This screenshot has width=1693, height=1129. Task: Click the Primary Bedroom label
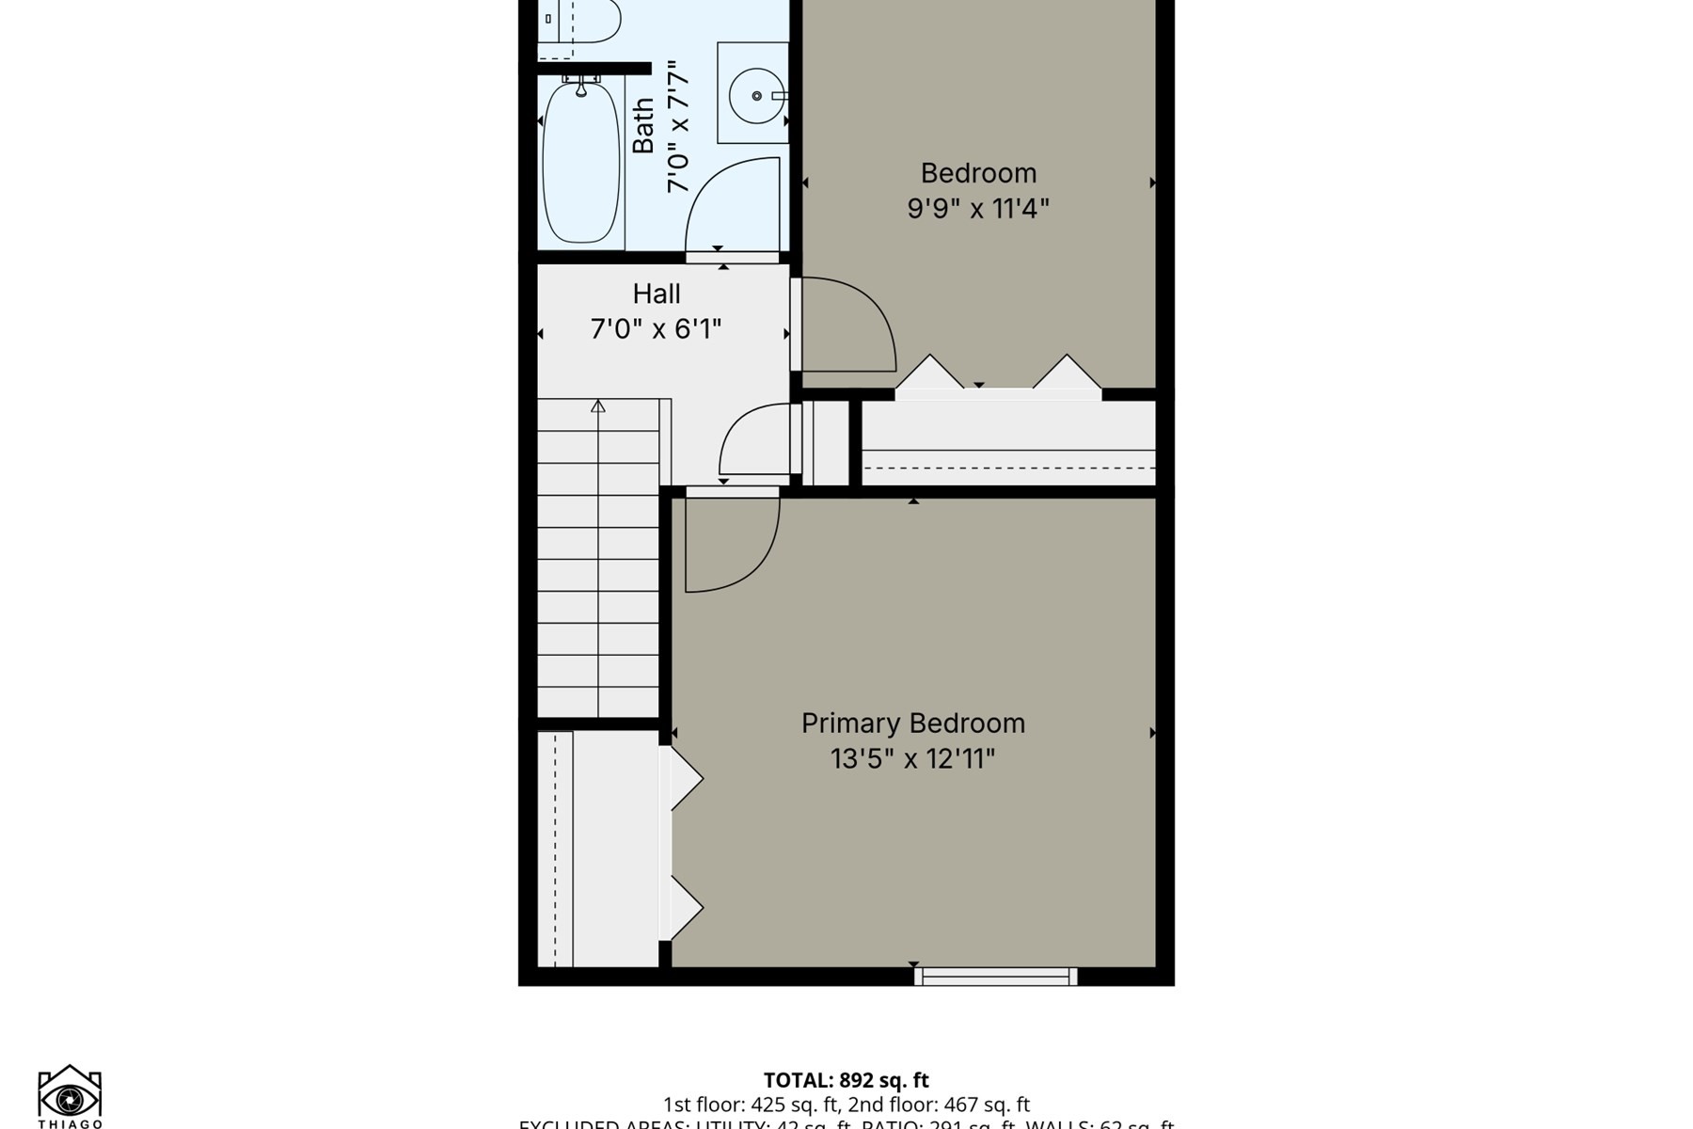912,724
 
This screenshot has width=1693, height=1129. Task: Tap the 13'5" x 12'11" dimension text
912,758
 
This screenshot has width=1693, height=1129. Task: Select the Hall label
656,294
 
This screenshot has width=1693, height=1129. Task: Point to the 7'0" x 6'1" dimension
656,329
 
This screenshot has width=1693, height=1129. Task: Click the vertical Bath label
643,126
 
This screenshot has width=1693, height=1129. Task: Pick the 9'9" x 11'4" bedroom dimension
977,208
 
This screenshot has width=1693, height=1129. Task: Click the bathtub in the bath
581,162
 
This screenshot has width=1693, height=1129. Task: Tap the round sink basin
757,95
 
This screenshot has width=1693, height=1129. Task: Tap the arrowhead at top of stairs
598,406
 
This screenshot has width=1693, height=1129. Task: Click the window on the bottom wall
996,977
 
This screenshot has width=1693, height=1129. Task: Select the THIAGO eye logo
70,1095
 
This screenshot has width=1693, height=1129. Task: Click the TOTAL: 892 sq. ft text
846,1080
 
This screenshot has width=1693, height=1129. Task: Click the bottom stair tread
598,701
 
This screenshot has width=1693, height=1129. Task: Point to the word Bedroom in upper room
978,173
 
